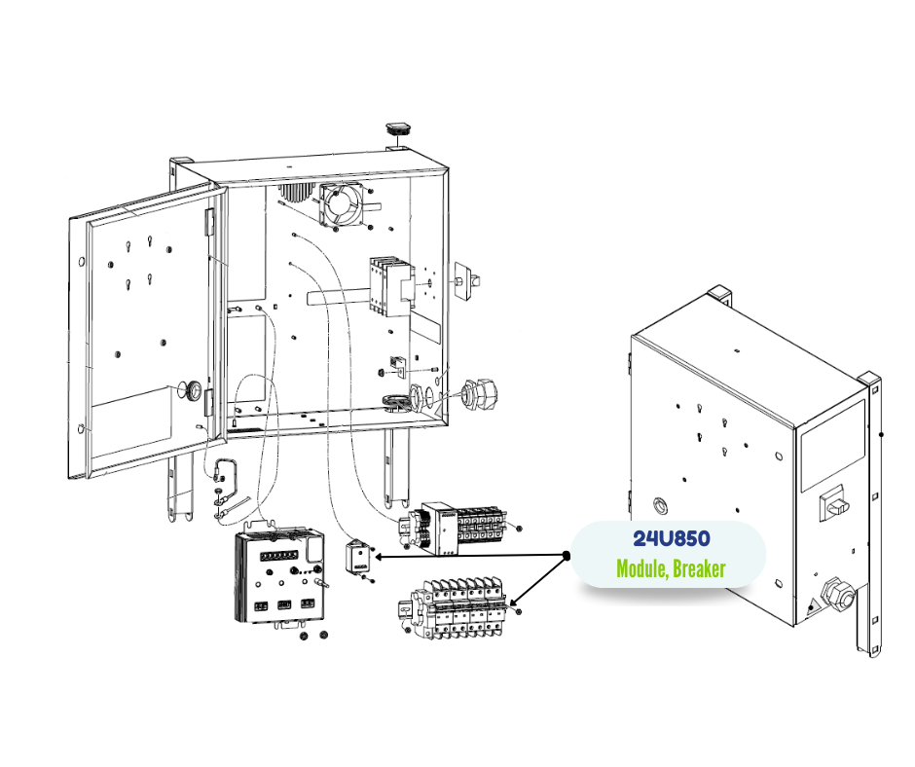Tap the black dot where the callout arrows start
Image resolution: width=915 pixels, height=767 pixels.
pos(566,556)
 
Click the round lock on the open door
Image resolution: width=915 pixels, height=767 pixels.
pos(193,391)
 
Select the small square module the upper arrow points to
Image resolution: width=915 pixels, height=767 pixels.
pos(359,557)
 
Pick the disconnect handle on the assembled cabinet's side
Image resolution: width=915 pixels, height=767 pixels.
pos(834,503)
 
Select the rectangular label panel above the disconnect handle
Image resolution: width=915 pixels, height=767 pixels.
pos(831,447)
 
